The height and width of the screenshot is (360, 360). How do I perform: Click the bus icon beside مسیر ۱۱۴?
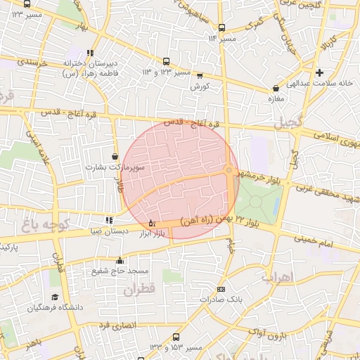(222, 28)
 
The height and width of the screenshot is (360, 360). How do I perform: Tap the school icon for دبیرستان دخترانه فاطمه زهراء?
(90, 53)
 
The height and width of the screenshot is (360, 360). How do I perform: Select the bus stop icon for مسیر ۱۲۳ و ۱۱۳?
(166, 62)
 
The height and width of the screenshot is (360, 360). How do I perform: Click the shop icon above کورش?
(200, 76)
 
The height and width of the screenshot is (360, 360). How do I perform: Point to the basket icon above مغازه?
(275, 89)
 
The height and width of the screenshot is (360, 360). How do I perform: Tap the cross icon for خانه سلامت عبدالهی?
(319, 72)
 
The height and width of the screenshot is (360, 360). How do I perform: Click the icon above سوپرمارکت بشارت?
(115, 157)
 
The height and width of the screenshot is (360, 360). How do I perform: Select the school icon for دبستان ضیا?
(108, 220)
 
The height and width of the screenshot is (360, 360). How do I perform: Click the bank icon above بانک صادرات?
(221, 289)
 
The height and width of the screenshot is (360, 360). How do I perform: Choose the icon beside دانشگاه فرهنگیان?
(55, 297)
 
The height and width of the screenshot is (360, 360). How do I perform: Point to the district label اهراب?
(276, 276)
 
